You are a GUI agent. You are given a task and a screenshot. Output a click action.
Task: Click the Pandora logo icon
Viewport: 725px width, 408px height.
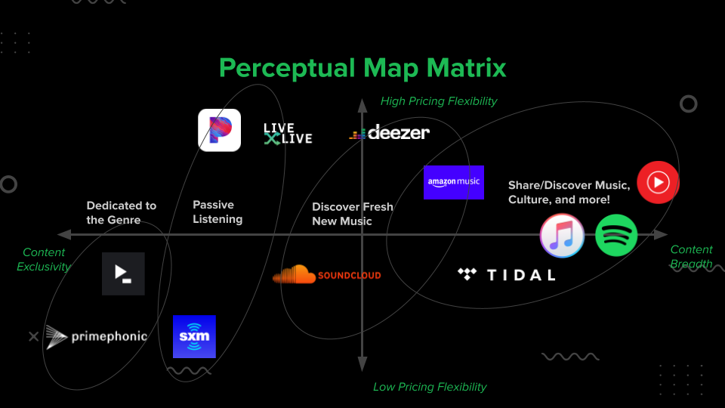pyautogui.click(x=219, y=130)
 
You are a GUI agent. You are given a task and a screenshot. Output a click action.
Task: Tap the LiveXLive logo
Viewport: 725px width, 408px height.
pyautogui.click(x=287, y=134)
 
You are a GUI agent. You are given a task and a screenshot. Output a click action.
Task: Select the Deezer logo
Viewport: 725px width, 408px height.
pyautogui.click(x=390, y=133)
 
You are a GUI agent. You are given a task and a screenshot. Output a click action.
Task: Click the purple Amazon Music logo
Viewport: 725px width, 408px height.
pyautogui.click(x=454, y=182)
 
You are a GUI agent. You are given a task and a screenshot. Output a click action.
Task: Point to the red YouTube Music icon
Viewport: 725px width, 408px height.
pyautogui.click(x=658, y=182)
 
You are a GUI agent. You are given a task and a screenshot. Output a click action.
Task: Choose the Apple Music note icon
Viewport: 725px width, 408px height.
pyautogui.click(x=562, y=236)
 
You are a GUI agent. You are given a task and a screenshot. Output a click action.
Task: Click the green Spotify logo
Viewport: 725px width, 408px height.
pyautogui.click(x=616, y=236)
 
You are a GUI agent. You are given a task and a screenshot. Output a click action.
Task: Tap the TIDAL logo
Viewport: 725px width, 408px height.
pyautogui.click(x=507, y=274)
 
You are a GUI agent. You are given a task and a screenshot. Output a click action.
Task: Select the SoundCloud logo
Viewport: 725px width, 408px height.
pyautogui.click(x=326, y=275)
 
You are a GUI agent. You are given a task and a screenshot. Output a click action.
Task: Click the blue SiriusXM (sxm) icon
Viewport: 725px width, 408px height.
pyautogui.click(x=194, y=336)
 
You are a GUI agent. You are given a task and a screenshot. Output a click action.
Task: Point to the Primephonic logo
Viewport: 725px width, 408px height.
pyautogui.click(x=95, y=337)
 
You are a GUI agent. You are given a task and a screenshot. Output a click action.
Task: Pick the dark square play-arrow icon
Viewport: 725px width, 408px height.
pyautogui.click(x=123, y=274)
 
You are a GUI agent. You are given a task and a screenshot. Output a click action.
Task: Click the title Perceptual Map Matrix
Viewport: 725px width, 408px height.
pyautogui.click(x=362, y=68)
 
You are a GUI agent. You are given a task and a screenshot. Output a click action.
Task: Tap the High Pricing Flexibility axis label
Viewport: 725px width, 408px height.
pyautogui.click(x=439, y=101)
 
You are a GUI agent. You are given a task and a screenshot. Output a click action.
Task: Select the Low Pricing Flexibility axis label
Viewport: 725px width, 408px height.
pyautogui.click(x=430, y=387)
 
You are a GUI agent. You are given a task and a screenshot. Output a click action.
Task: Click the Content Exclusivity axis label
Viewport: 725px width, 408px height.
pyautogui.click(x=44, y=259)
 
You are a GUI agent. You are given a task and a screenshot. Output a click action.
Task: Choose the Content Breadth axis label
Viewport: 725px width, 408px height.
pyautogui.click(x=691, y=257)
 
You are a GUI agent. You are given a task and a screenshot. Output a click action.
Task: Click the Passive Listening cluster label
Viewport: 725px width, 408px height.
pyautogui.click(x=217, y=212)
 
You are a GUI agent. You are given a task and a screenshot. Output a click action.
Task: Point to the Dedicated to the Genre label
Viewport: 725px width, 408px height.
pyautogui.click(x=122, y=212)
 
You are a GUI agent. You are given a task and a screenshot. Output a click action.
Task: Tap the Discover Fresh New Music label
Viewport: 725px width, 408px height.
pyautogui.click(x=353, y=214)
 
